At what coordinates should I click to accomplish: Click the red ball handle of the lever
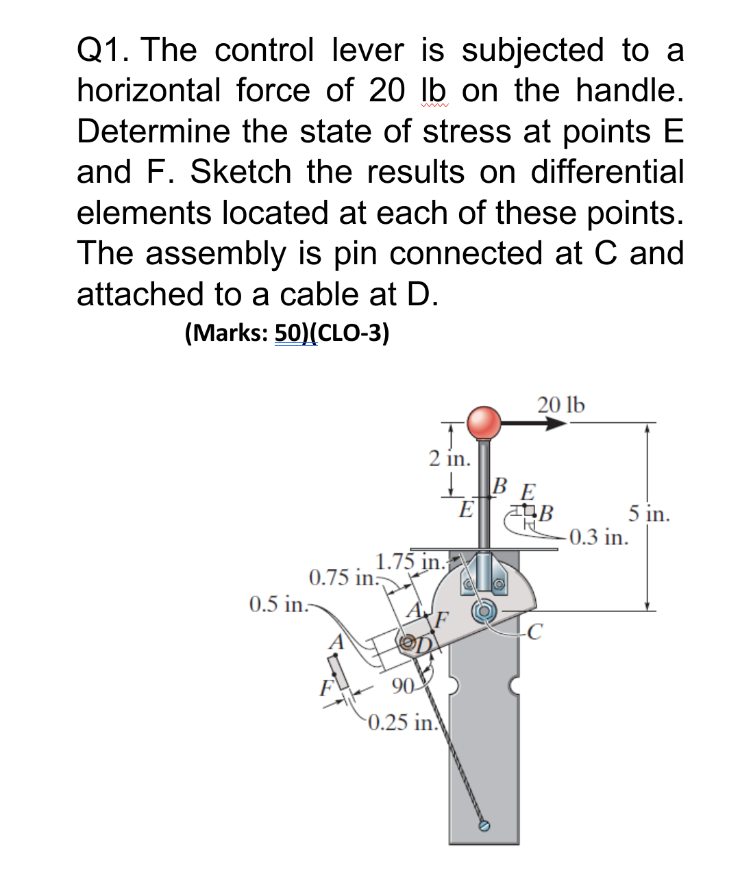[x=484, y=422]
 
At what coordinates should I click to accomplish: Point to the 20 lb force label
[x=561, y=405]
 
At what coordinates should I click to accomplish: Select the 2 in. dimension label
[x=449, y=459]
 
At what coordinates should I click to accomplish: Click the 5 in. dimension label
[x=648, y=514]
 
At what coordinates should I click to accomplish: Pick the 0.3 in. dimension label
[x=598, y=537]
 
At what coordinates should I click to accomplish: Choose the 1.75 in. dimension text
[x=410, y=562]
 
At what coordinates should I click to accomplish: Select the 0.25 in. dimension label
[x=402, y=722]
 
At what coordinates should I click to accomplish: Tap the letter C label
[x=535, y=630]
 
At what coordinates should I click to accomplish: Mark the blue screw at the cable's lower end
[x=484, y=826]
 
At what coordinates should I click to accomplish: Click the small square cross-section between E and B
[x=525, y=511]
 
